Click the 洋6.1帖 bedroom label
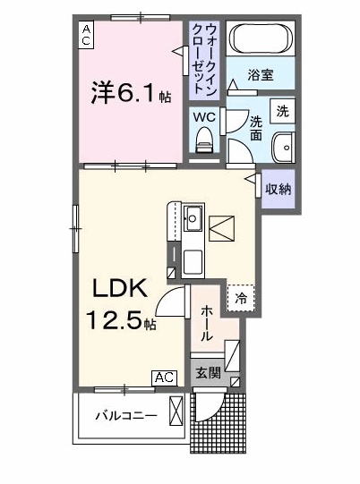click(126, 92)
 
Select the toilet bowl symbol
click(203, 139)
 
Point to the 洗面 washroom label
click(255, 127)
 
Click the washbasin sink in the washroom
click(285, 146)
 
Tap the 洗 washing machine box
click(282, 112)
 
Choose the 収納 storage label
click(278, 189)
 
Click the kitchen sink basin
click(193, 217)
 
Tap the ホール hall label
click(206, 323)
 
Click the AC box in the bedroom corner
click(87, 35)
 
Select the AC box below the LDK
click(164, 378)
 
